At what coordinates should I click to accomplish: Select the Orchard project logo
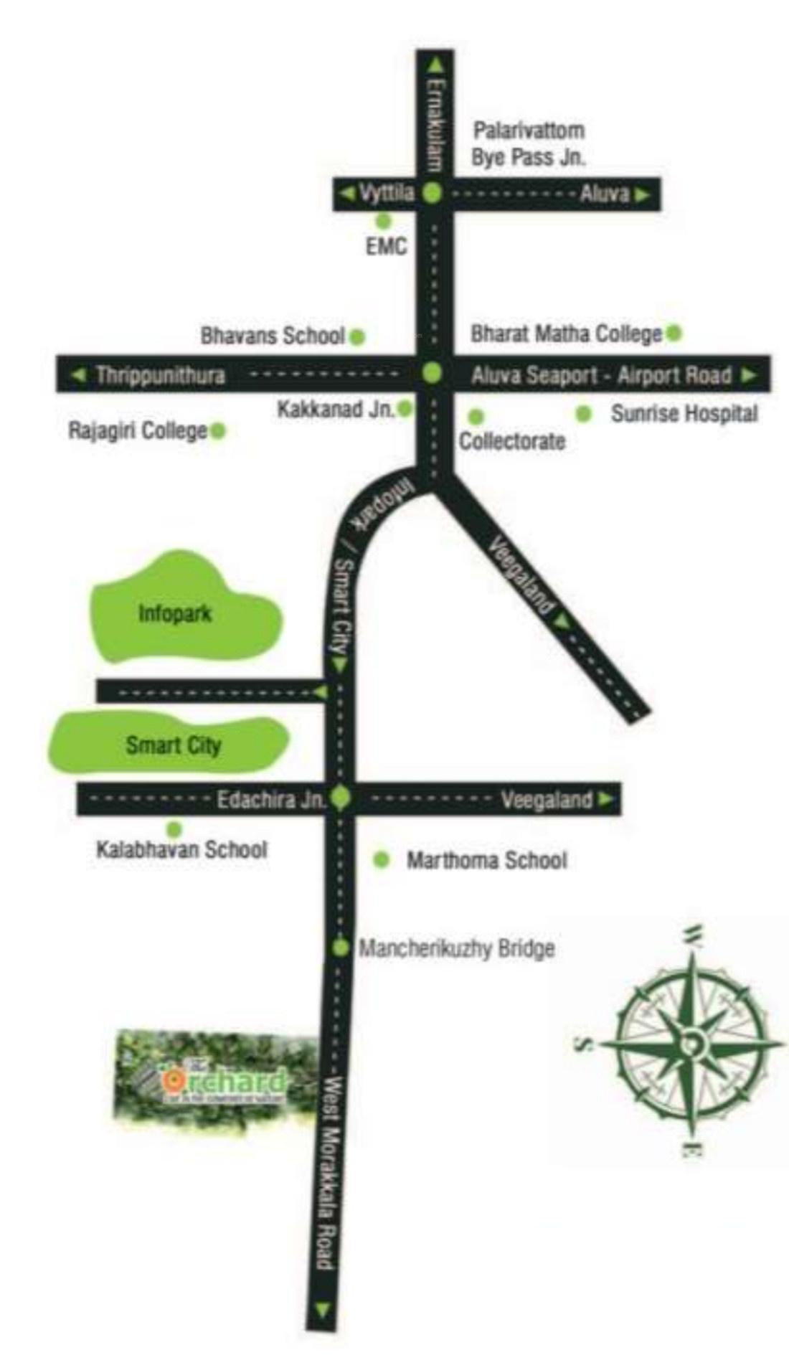[x=215, y=1080]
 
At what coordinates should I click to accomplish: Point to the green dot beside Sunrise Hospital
[x=584, y=414]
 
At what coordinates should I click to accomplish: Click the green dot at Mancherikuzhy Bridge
[x=341, y=948]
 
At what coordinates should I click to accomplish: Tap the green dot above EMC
[x=384, y=220]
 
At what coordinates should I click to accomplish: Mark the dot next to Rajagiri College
[x=218, y=430]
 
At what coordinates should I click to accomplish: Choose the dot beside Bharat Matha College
[x=674, y=333]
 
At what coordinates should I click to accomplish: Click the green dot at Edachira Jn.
[x=340, y=798]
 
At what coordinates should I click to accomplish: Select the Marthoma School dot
[x=382, y=859]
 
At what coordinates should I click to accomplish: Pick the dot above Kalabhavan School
[x=174, y=831]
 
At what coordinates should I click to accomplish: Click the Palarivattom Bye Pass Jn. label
[x=528, y=144]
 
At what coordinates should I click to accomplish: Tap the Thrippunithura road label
[x=160, y=375]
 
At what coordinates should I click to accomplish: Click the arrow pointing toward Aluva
[x=642, y=194]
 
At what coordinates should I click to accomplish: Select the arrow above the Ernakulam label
[x=435, y=65]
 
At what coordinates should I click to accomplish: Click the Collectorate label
[x=511, y=440]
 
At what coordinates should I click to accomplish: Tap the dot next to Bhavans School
[x=356, y=336]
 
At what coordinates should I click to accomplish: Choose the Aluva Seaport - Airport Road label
[x=601, y=375]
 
